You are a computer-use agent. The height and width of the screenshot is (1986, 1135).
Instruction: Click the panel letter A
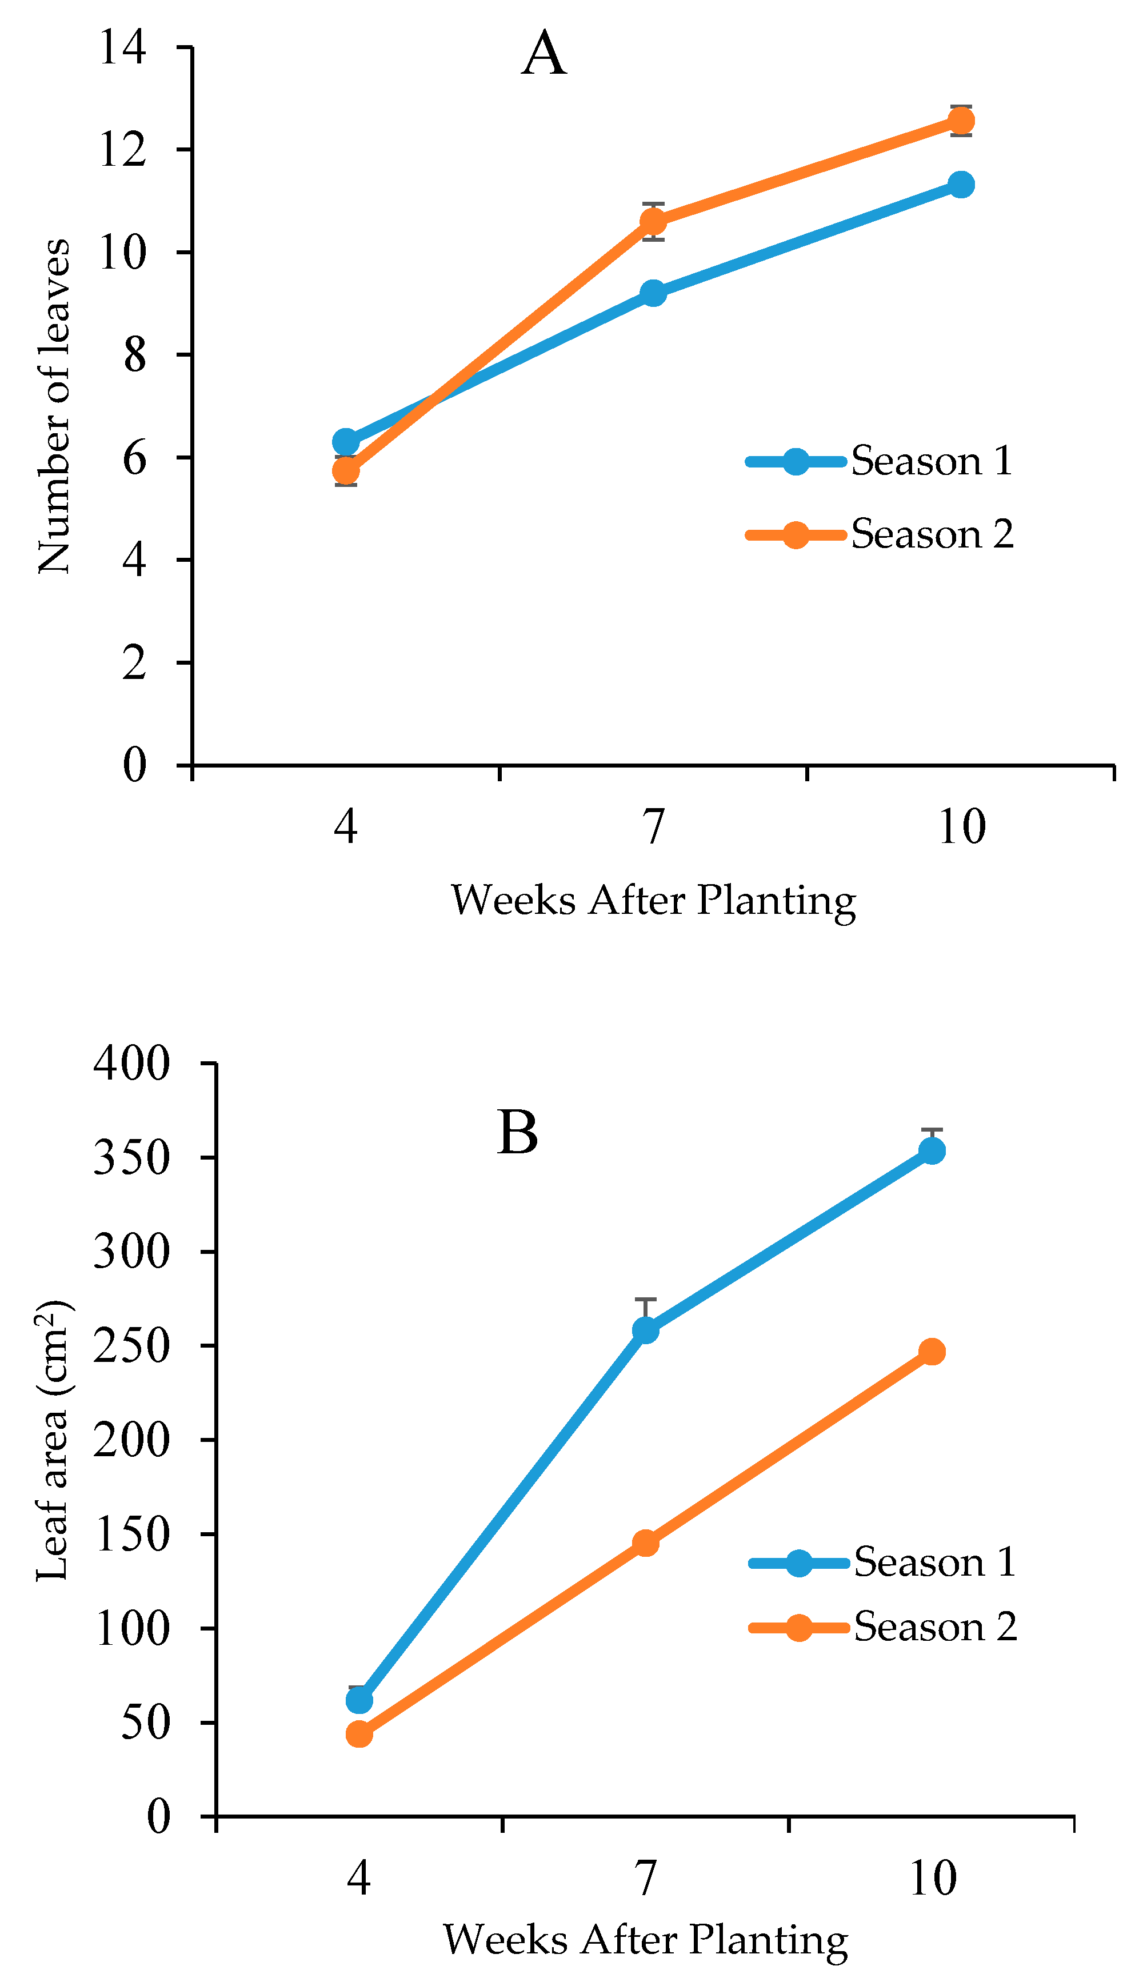pos(543,54)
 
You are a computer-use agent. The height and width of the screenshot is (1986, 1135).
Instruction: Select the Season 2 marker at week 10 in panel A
pos(961,121)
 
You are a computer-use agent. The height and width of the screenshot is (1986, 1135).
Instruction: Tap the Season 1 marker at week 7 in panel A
pos(653,293)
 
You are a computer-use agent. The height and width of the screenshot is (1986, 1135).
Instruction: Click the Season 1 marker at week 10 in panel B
pos(932,1150)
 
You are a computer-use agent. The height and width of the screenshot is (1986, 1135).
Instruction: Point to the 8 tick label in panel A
pos(134,355)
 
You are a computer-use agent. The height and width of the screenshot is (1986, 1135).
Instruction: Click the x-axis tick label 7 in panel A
pos(654,826)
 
